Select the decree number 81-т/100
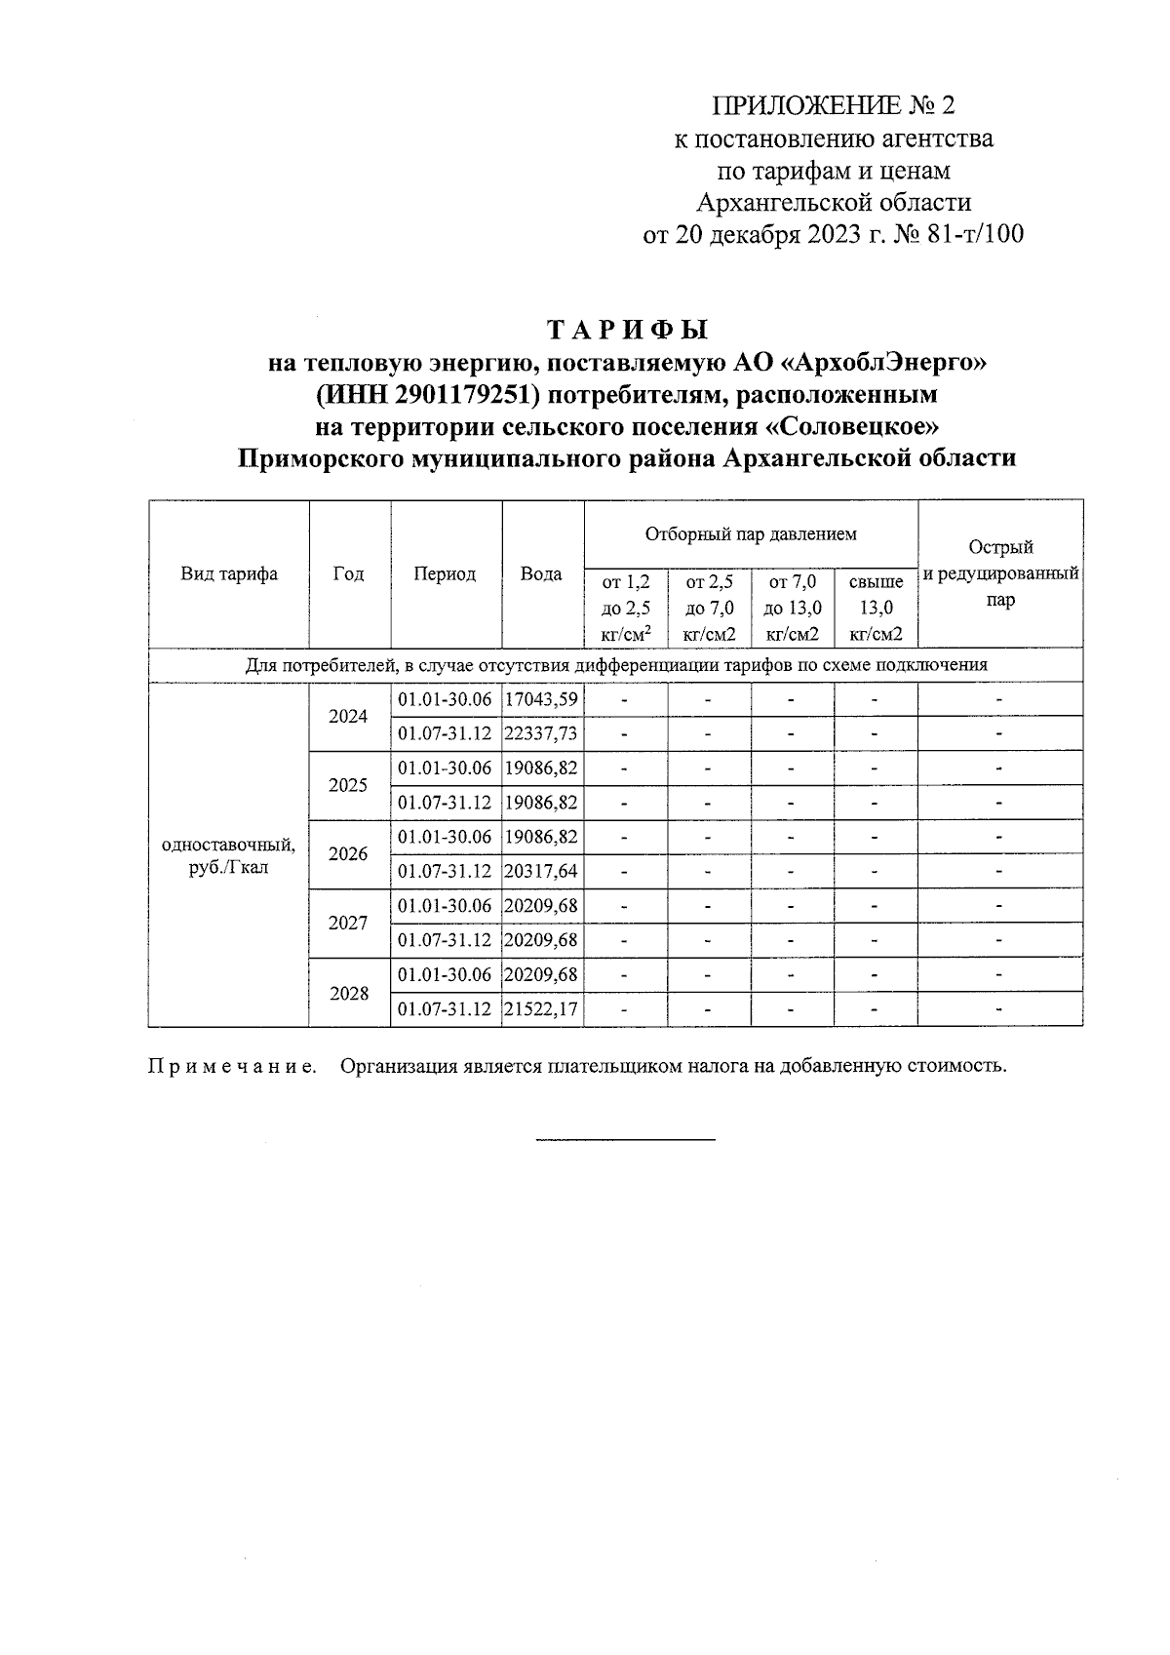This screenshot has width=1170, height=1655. pos(971,234)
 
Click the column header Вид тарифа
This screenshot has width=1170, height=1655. pos(229,574)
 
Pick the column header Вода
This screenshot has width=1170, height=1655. pos(541,574)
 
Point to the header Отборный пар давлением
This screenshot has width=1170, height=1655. pos(751,534)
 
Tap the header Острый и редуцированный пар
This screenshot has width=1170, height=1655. pos(1000,574)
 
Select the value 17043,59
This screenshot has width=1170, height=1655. pos(543,699)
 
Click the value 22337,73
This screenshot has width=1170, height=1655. pos(543,733)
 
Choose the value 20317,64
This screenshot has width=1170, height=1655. pos(543,871)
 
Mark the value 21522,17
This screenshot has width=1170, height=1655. pos(543,1009)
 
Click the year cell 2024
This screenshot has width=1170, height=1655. pos(348,717)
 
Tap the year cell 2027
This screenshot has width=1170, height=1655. pos(348,923)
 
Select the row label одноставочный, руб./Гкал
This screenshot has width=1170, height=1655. pos(228,855)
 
